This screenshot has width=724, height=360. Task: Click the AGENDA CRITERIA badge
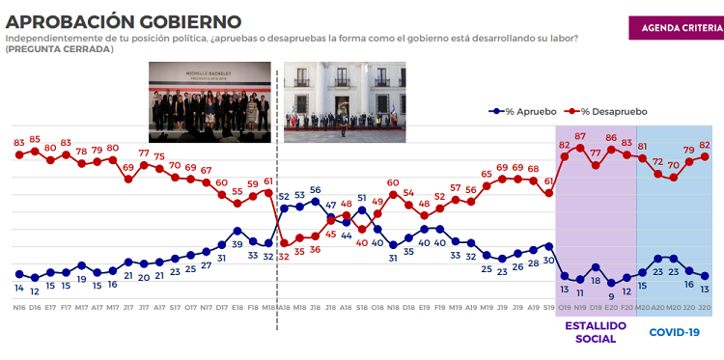coord(674,28)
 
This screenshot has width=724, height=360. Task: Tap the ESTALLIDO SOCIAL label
coord(596,332)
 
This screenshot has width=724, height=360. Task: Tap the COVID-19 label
coord(673,332)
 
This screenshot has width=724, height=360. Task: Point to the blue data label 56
coord(315,190)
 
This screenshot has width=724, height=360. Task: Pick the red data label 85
coord(35,140)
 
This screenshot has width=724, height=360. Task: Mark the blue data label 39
coord(237,219)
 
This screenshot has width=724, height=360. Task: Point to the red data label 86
coord(611,138)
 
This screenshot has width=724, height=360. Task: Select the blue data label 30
coord(548,260)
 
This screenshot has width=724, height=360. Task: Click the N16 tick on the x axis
coord(19,308)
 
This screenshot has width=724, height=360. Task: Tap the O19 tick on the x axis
coord(565,308)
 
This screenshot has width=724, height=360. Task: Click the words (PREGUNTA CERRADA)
coord(58,48)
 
